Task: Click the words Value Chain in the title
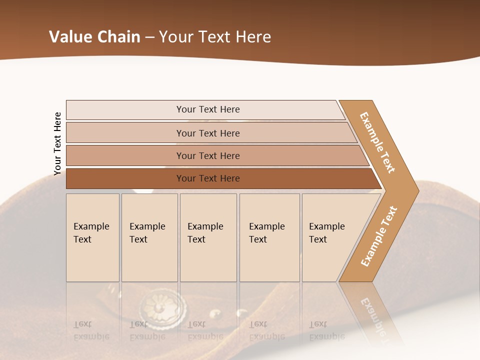[x=94, y=37]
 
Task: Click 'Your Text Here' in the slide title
[x=215, y=37]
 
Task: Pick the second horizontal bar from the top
[x=208, y=133]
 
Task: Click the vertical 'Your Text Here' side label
[x=57, y=143]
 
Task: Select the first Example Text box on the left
[x=92, y=237]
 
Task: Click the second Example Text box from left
[x=149, y=237]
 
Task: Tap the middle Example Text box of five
[x=208, y=237]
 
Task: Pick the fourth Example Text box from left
[x=269, y=237]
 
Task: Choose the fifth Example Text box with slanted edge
[x=330, y=237]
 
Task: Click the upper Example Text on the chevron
[x=377, y=142]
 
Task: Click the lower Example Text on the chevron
[x=378, y=236]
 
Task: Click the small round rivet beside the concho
[x=216, y=314]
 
